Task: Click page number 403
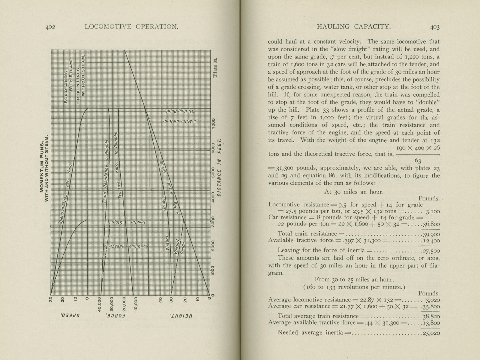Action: pos(435,27)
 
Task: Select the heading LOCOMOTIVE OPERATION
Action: pos(131,27)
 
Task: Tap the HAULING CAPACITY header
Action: pos(354,27)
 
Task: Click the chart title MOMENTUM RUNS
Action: pos(42,168)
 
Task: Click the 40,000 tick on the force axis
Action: pos(100,305)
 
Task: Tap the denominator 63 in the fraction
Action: pos(418,161)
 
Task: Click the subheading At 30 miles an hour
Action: pos(354,192)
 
